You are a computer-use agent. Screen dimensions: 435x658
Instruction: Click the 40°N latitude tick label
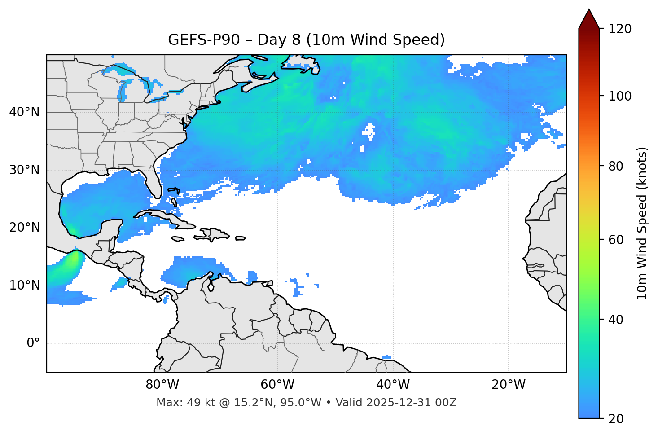[24, 112]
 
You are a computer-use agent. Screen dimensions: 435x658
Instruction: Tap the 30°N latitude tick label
[24, 170]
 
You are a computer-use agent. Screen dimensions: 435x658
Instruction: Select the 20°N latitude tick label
[24, 228]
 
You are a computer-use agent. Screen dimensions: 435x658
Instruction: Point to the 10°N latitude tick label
[24, 286]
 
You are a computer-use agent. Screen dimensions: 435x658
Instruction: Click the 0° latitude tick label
[33, 343]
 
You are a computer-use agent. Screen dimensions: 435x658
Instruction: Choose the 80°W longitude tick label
[162, 385]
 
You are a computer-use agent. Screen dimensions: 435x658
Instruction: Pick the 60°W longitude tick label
[277, 385]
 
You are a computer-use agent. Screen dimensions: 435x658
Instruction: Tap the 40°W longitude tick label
[393, 385]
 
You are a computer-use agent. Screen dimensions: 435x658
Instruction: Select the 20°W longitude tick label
[508, 385]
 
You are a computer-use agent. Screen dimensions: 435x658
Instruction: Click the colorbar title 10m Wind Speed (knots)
[642, 223]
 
